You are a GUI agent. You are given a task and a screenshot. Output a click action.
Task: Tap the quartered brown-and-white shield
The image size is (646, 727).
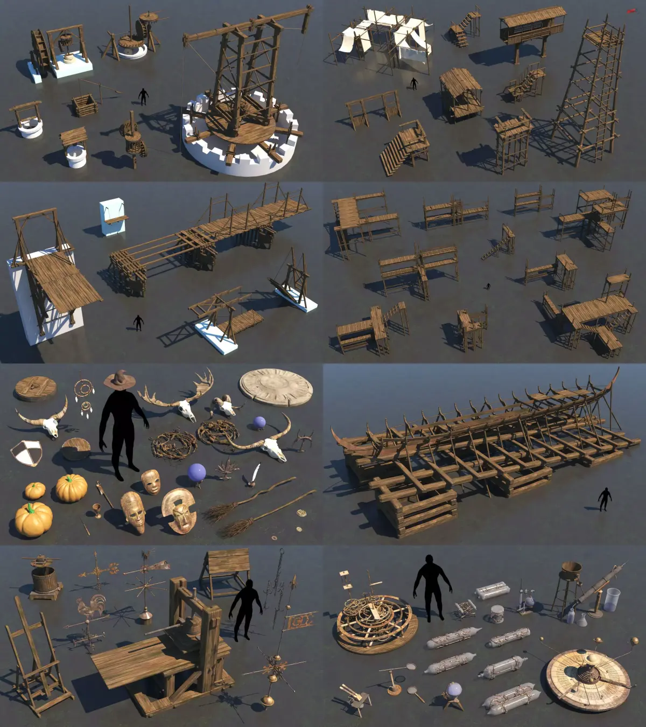[27, 452]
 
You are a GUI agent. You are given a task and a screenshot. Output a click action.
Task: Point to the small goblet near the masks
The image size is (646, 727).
[96, 509]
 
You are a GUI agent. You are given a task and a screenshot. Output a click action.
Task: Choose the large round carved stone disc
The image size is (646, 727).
[275, 388]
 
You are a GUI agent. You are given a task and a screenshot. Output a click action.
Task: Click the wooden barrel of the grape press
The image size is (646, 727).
[45, 579]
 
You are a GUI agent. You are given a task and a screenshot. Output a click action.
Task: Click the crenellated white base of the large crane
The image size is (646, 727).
[240, 153]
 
